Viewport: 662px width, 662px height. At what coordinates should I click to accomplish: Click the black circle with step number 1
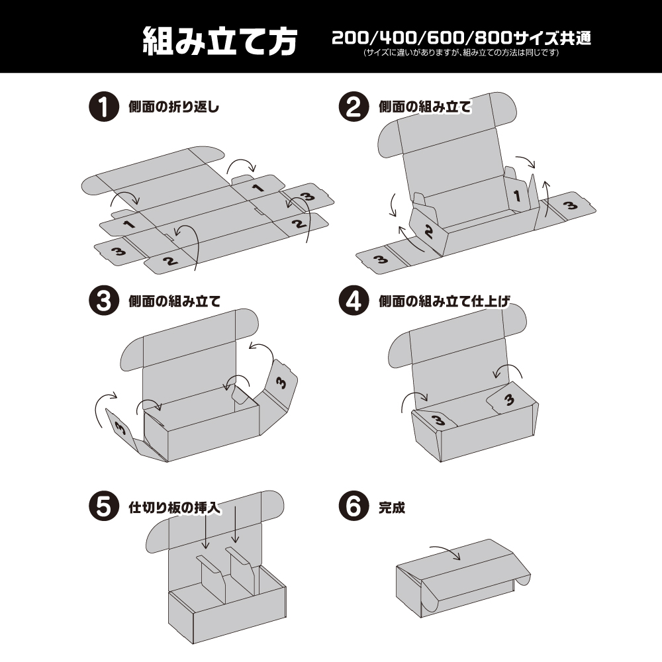tap(101, 107)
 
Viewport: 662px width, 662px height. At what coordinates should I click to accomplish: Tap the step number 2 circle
tap(352, 107)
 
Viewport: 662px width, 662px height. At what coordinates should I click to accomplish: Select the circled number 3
tap(101, 301)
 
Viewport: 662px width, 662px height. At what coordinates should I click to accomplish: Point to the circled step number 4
tap(352, 301)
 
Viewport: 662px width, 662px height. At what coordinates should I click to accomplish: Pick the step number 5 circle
tap(101, 508)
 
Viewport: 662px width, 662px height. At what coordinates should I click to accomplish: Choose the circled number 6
tap(352, 508)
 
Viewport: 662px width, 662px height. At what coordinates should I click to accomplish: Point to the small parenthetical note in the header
tap(461, 54)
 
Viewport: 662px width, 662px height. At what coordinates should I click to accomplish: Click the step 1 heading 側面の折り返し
tap(173, 107)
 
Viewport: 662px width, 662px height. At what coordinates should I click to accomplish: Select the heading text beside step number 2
tap(424, 107)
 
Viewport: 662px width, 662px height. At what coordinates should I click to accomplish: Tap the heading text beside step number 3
tap(173, 301)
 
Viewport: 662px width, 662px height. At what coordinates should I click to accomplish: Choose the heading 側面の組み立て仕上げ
tap(445, 301)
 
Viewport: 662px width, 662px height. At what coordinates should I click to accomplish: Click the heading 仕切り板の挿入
tap(173, 508)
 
